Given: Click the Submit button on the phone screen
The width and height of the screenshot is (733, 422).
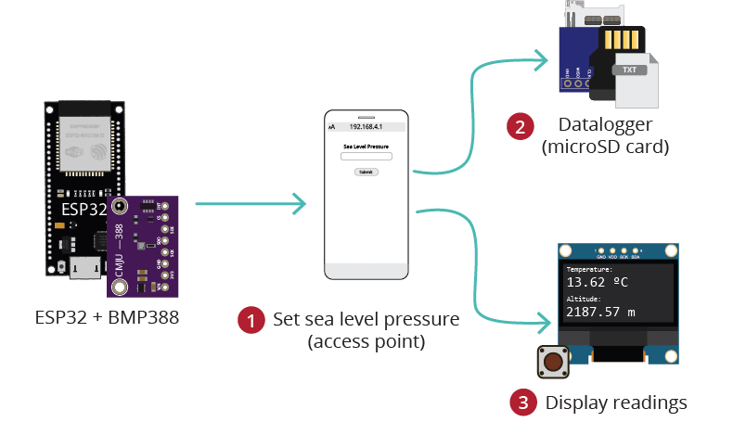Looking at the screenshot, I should point(366,173).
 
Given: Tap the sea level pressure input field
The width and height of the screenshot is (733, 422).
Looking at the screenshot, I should point(366,156).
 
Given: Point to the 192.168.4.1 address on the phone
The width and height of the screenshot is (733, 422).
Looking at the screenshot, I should point(366,126).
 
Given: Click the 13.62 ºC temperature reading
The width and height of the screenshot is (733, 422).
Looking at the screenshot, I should point(598,282).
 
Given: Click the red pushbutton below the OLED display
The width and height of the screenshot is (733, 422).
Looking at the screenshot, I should point(554,362).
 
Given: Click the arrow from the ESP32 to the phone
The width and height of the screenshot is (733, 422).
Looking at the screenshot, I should point(251,203).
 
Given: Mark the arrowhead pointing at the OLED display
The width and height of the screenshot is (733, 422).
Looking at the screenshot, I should point(543,325).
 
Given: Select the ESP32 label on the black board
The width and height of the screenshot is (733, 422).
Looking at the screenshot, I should point(84,210).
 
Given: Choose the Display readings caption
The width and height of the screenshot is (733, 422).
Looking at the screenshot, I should point(616,403).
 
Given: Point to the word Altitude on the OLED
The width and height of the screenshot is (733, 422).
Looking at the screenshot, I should point(585,300).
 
